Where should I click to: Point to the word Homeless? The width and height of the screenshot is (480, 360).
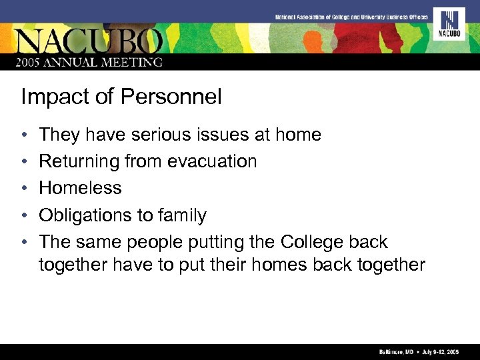[x=80, y=188]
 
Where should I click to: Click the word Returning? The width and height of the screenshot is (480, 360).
[x=79, y=161]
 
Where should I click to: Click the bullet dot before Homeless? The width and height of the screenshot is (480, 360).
[x=24, y=189]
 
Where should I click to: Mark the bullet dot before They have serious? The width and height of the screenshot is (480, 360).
[x=24, y=135]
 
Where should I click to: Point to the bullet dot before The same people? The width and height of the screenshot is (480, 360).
[x=24, y=243]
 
